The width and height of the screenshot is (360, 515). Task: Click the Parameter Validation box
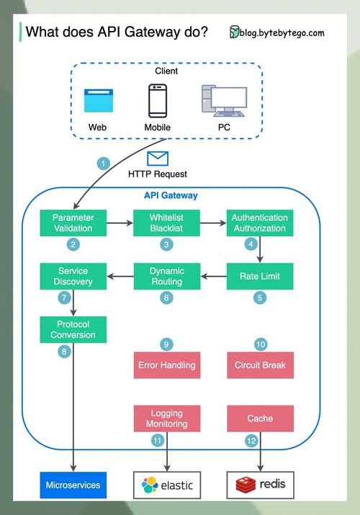73,223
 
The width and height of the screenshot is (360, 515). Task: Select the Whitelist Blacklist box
167,223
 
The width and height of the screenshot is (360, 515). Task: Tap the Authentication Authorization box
260,223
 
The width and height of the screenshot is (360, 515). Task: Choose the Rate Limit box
260,276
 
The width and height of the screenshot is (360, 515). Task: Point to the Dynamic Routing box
167,276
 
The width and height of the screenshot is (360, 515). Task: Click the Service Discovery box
73,276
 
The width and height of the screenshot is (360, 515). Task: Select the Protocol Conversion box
73,329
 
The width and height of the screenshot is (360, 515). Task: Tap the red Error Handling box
167,365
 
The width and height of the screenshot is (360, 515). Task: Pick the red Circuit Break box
260,365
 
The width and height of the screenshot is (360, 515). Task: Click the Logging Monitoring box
167,418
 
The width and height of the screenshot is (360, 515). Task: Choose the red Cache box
260,418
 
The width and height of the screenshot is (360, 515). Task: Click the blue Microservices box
73,485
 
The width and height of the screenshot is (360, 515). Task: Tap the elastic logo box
167,485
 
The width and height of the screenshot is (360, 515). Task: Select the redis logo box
260,485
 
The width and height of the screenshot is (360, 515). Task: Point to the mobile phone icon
158,101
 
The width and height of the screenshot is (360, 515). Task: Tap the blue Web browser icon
99,101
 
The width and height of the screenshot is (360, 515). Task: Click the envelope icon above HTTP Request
157,158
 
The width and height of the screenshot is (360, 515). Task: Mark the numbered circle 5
260,297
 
